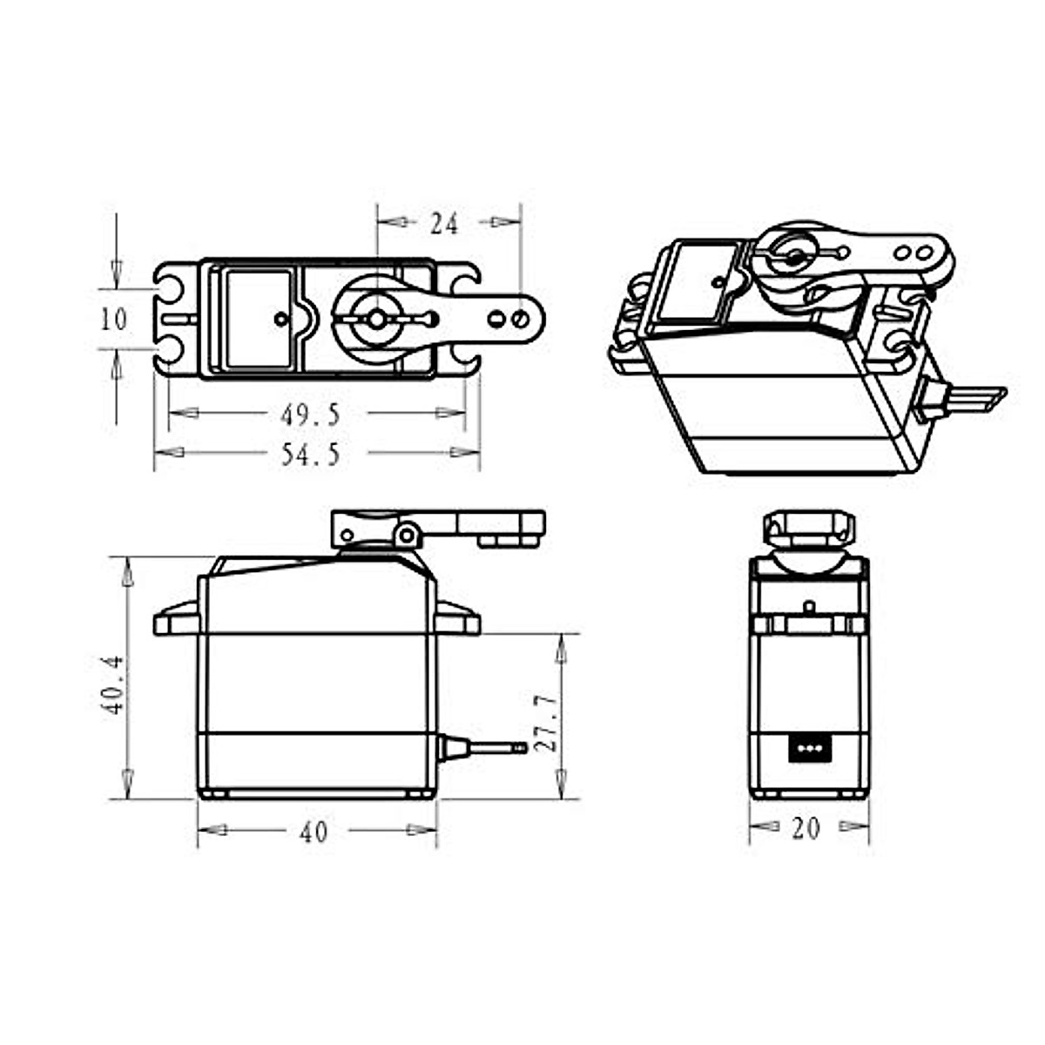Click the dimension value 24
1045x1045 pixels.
444,224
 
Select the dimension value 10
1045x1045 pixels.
114,320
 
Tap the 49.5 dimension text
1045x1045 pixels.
310,415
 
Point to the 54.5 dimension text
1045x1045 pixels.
310,455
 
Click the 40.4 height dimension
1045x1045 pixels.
112,686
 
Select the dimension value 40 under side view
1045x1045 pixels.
313,833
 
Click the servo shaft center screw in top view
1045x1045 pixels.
376,320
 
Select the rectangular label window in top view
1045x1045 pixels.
258,319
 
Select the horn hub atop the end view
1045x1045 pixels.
808,528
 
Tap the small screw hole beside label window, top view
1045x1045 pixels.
280,320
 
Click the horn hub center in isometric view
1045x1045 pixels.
793,257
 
